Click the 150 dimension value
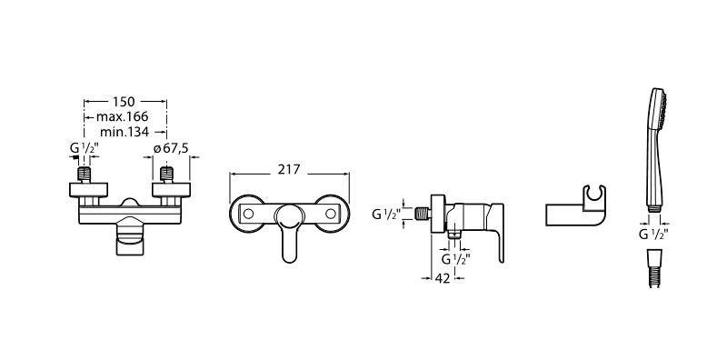pyautogui.click(x=124, y=102)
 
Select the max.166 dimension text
pyautogui.click(x=123, y=116)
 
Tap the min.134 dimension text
pyautogui.click(x=124, y=132)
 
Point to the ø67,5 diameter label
pyautogui.click(x=171, y=148)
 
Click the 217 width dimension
pyautogui.click(x=289, y=170)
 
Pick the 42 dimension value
pyautogui.click(x=443, y=278)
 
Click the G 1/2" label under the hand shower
pyautogui.click(x=653, y=235)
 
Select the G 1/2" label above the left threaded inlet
pyautogui.click(x=84, y=148)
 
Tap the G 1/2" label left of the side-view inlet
pyautogui.click(x=386, y=215)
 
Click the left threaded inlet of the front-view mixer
pyautogui.click(x=84, y=174)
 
